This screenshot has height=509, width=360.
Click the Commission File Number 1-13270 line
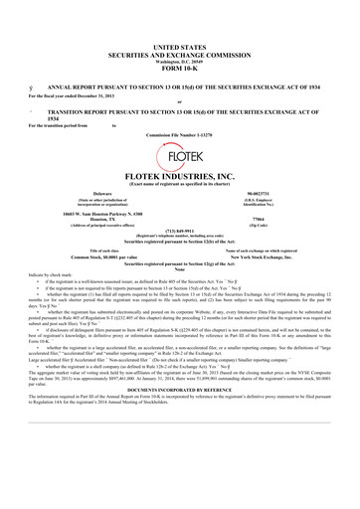coord(180,133)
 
